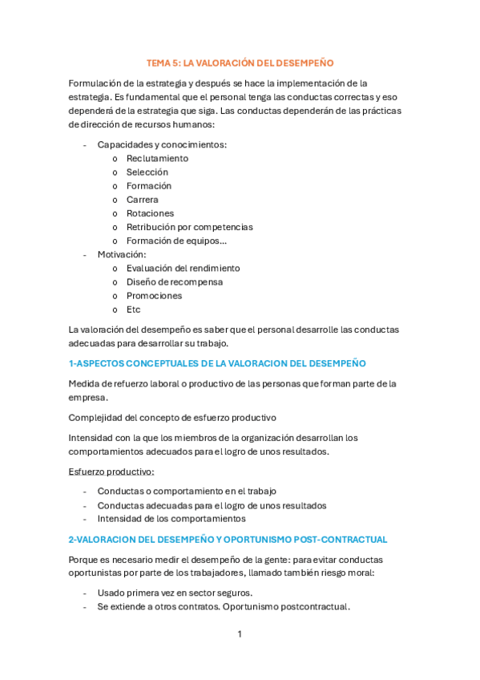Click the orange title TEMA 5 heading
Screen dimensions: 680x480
pos(240,63)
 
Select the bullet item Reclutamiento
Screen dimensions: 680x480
pos(157,159)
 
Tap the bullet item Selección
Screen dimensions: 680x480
pos(147,172)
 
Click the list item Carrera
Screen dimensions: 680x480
pos(143,200)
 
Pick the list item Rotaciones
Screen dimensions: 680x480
pos(150,213)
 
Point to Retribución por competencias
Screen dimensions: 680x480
pos(189,227)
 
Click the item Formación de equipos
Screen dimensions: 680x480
pos(176,241)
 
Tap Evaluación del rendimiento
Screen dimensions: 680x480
pos(183,269)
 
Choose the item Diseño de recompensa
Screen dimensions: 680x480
pos(175,282)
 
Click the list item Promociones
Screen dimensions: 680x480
pos(154,296)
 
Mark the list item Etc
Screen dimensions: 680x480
pos(133,310)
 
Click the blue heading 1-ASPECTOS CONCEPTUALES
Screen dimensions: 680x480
pos(217,363)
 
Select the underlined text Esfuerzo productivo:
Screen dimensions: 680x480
pos(111,472)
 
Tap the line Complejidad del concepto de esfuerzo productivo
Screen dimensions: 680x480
pos(172,418)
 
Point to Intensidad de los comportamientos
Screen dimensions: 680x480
pos(171,519)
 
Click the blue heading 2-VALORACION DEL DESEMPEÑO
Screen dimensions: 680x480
pos(228,540)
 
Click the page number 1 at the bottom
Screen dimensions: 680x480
pos(240,634)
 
